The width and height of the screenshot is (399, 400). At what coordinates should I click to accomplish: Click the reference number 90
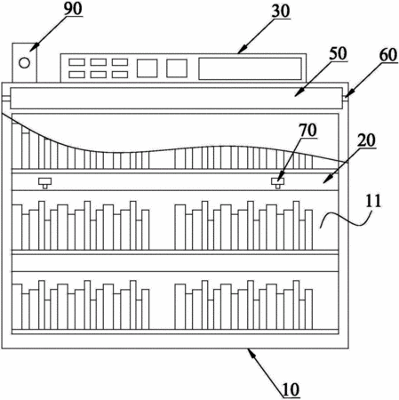pos(73,9)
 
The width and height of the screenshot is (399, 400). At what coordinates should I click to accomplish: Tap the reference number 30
pos(281,11)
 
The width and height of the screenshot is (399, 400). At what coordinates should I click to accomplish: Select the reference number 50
pos(338,53)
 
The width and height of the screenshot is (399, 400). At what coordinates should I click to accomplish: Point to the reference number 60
pos(387,55)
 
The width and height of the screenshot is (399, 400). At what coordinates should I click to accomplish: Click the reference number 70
pos(307,130)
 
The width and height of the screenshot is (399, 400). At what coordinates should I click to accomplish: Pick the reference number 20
pos(366,140)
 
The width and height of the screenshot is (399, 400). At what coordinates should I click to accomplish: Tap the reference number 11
pos(373,201)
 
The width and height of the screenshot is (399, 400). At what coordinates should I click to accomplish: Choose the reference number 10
pos(291,389)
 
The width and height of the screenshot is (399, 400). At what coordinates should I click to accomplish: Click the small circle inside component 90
pos(24,63)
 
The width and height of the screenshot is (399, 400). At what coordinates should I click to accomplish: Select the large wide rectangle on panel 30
pos(250,68)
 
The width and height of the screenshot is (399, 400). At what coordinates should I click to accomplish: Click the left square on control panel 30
pos(147,68)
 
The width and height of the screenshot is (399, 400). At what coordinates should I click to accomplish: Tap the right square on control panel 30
pos(177,68)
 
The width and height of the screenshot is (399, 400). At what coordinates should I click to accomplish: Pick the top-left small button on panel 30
pos(76,62)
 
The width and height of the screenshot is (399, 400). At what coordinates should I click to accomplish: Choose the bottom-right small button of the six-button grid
pos(120,75)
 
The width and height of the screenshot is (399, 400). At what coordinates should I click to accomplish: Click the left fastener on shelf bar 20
pos(44,183)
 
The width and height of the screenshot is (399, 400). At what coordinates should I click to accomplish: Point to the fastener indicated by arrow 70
pos(278,183)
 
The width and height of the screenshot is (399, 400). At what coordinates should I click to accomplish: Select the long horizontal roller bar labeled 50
pos(177,98)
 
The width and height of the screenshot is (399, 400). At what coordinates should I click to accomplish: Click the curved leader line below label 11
pos(346,220)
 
